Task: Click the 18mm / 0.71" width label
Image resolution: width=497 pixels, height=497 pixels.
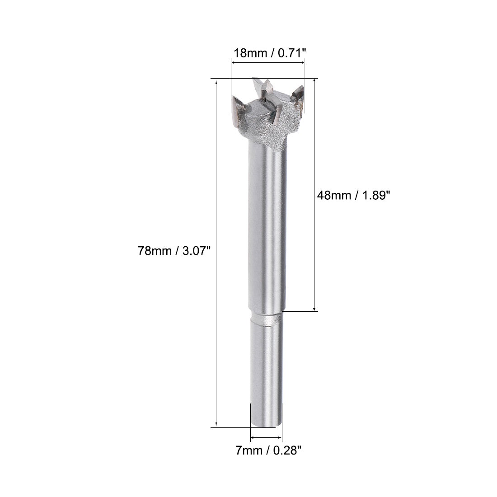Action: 269,53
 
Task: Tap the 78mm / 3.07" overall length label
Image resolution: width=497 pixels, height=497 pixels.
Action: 174,251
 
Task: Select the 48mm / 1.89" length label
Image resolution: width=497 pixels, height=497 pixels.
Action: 353,195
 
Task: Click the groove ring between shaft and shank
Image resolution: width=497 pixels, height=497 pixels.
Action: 267,319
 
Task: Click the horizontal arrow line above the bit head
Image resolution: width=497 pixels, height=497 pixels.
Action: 268,63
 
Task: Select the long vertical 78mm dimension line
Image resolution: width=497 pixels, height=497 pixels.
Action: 217,253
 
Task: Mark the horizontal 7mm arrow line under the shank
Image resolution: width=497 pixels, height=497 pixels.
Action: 266,437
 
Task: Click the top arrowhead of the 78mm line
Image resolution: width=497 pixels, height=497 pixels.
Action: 217,82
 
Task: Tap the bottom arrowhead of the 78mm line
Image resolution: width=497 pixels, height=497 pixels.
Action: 217,424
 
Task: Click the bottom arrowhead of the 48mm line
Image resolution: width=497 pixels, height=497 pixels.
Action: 315,308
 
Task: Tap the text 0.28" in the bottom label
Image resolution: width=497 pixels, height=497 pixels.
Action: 287,450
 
